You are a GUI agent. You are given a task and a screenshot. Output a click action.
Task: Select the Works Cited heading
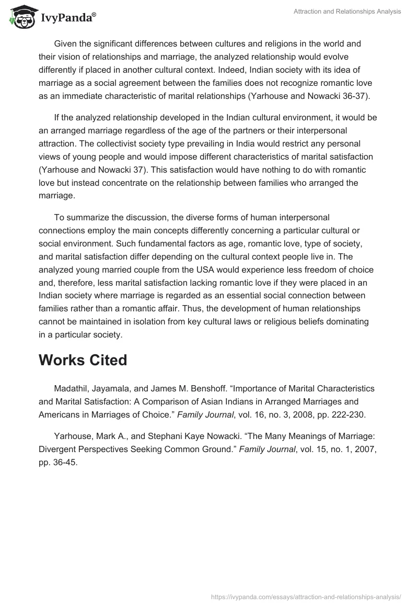[83, 361]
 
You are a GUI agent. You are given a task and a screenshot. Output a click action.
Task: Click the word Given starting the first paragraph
[66, 43]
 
